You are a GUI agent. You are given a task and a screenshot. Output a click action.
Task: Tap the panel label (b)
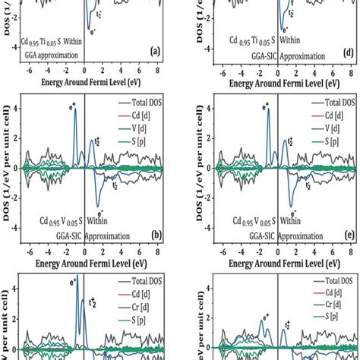(x=154, y=236)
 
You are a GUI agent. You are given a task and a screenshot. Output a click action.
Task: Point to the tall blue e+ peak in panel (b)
(x=75, y=114)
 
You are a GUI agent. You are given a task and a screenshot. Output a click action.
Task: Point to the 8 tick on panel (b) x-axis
(x=155, y=248)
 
